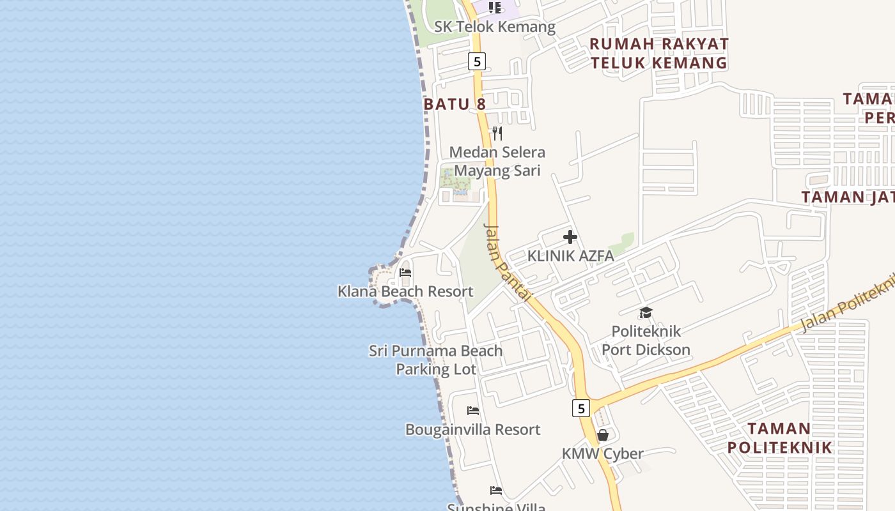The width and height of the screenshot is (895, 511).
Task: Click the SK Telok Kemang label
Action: (x=495, y=27)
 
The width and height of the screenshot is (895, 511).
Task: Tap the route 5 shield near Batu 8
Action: (x=476, y=61)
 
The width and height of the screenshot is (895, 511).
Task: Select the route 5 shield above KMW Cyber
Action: (x=580, y=408)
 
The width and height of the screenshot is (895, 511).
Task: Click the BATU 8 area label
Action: (x=455, y=103)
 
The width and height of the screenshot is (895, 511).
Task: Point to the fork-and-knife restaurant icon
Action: (x=497, y=133)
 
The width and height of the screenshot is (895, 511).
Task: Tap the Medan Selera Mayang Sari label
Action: (x=497, y=162)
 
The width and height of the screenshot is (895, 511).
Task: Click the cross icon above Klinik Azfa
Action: (x=570, y=238)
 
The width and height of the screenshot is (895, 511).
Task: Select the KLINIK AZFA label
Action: (x=570, y=256)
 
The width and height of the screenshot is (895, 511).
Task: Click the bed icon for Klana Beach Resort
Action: (x=405, y=273)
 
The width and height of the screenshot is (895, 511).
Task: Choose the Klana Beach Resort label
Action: (x=405, y=291)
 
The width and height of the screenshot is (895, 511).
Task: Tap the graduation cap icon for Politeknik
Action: (x=646, y=313)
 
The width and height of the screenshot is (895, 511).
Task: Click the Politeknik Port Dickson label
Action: (x=646, y=340)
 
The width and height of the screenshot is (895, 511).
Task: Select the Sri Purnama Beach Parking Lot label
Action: (x=436, y=360)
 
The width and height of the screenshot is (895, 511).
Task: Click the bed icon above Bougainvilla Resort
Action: (x=473, y=410)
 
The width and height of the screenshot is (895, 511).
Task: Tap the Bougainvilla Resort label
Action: (x=473, y=429)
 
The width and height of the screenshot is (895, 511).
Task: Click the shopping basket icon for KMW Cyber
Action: (x=602, y=435)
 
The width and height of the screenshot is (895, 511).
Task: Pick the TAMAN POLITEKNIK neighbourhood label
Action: (x=779, y=438)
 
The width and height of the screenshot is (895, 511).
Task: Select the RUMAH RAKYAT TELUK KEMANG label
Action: (x=659, y=53)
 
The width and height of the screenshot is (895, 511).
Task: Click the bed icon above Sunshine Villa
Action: (x=496, y=491)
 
